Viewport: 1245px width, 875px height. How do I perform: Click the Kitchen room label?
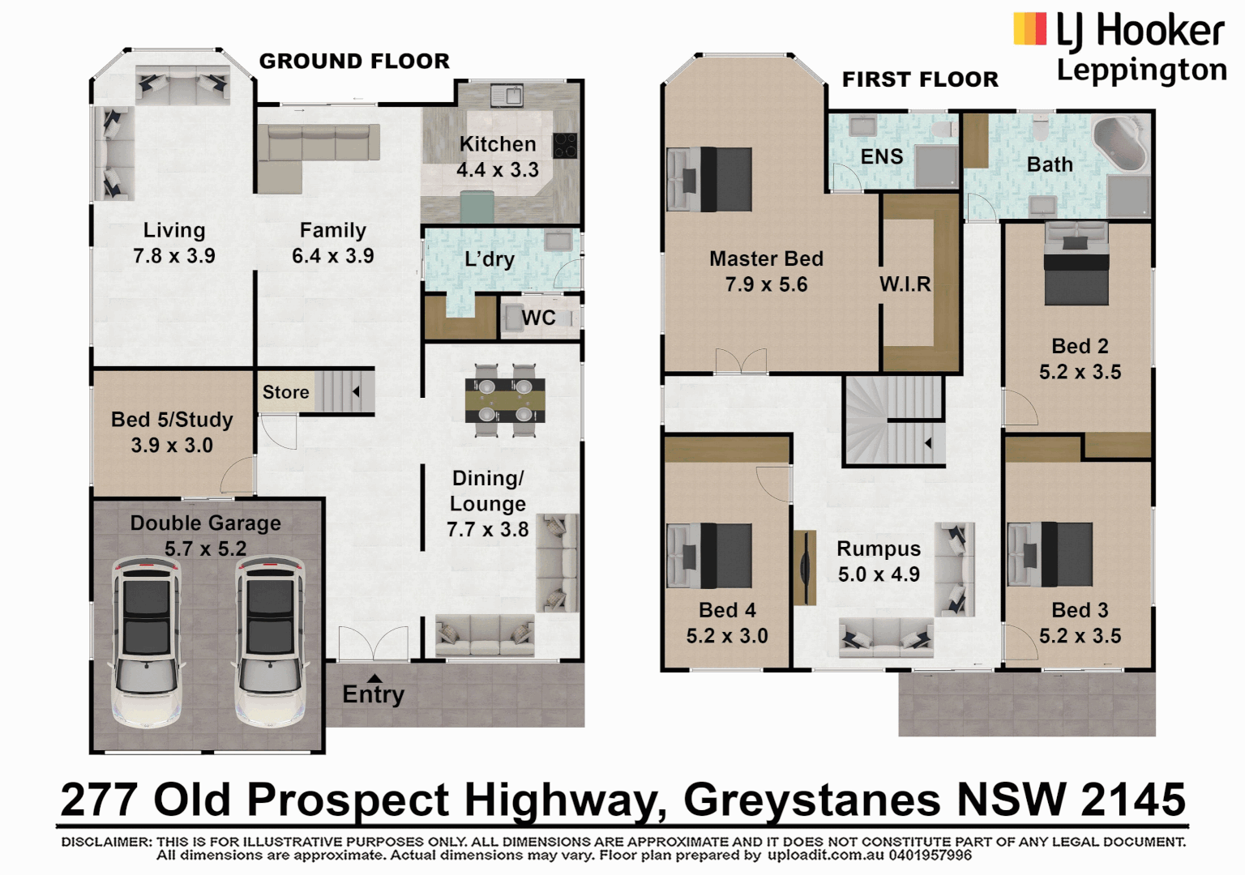(498, 144)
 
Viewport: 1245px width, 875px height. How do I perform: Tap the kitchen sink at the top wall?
(507, 96)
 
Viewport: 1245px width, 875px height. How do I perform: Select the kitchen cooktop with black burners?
(565, 146)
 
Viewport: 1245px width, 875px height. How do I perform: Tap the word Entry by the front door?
(373, 694)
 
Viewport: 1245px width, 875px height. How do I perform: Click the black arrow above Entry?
(374, 678)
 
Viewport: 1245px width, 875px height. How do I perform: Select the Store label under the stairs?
(285, 392)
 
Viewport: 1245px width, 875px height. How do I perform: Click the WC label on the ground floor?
(538, 318)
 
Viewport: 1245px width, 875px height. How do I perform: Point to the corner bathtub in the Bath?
(1121, 144)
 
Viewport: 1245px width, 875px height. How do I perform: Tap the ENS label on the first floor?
(882, 156)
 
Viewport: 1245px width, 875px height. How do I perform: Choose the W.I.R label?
(905, 284)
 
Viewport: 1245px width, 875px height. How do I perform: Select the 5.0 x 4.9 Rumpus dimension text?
(879, 574)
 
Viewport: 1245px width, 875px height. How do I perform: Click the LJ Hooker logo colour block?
(1029, 29)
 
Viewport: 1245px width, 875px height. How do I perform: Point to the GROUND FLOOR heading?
(354, 62)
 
